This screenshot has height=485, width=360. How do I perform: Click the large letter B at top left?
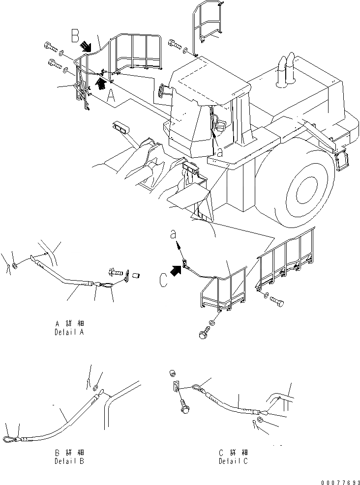pyautogui.click(x=75, y=35)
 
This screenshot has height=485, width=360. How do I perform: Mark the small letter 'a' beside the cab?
pyautogui.click(x=219, y=153)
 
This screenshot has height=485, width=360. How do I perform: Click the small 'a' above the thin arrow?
pyautogui.click(x=173, y=235)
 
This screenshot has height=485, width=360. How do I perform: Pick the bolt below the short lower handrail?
pyautogui.click(x=202, y=333)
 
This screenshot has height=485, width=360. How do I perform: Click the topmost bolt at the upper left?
pyautogui.click(x=49, y=48)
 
